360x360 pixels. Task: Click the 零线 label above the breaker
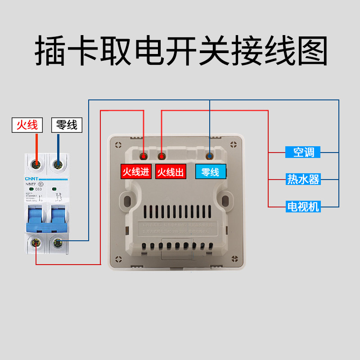pyautogui.click(x=67, y=125)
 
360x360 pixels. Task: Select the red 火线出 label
pyautogui.click(x=171, y=172)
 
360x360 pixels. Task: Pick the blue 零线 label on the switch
pyautogui.click(x=210, y=172)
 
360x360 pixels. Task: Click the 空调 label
pyautogui.click(x=303, y=152)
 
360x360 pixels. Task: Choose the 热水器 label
pyautogui.click(x=303, y=180)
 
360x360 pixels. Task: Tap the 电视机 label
pyautogui.click(x=303, y=207)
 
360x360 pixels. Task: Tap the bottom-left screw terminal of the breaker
pyautogui.click(x=36, y=243)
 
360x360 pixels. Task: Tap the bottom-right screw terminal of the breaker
pyautogui.click(x=58, y=243)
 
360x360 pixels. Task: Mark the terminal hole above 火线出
pyautogui.click(x=162, y=157)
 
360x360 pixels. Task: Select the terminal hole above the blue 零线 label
pyautogui.click(x=210, y=156)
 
